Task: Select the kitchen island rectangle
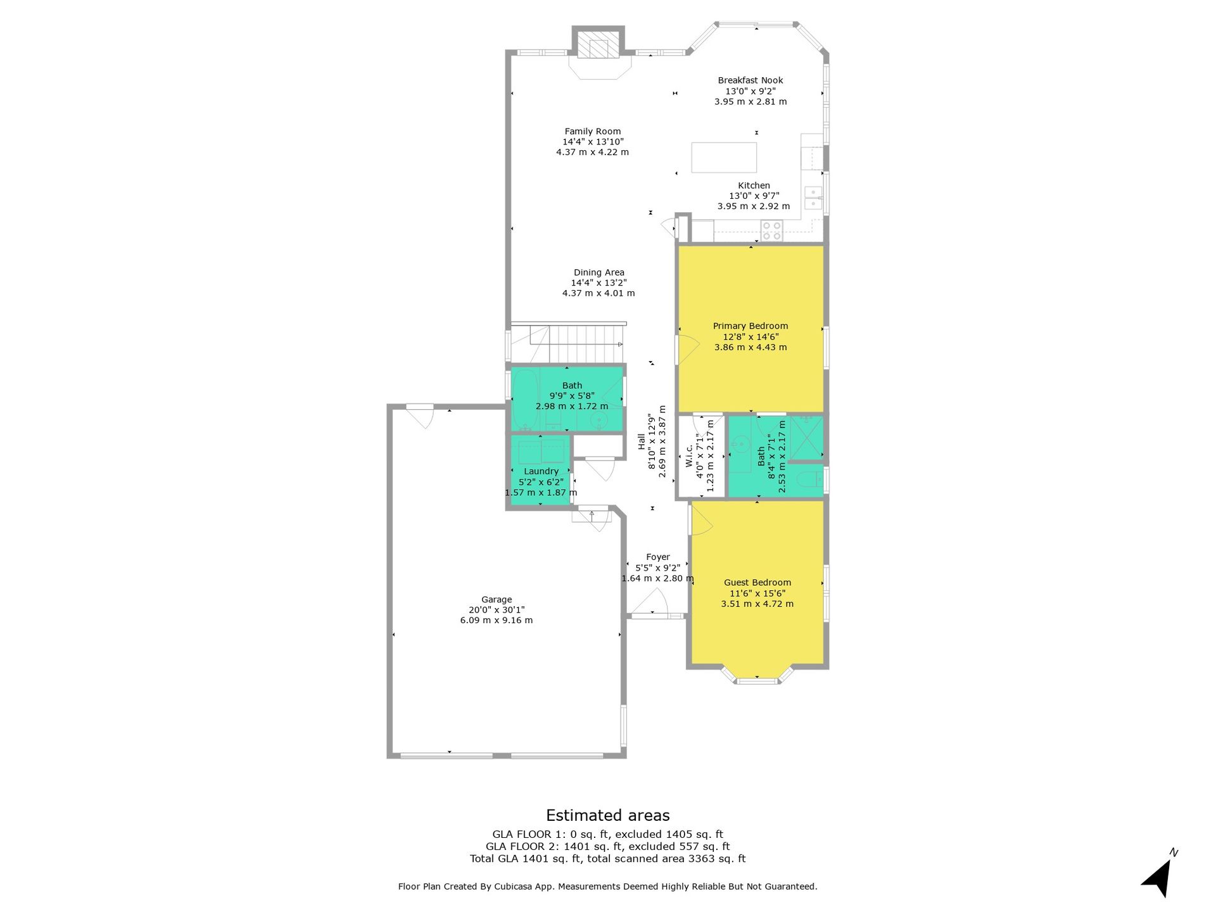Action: click(724, 158)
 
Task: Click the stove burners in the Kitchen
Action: click(771, 231)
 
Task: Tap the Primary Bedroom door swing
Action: click(688, 349)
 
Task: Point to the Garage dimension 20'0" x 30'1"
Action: click(497, 610)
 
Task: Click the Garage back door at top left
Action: click(419, 415)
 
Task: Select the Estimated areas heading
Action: click(608, 815)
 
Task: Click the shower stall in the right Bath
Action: click(807, 438)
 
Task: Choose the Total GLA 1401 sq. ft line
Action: click(608, 859)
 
